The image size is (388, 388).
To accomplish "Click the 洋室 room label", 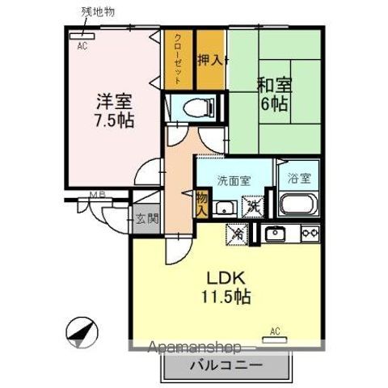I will click(x=112, y=102).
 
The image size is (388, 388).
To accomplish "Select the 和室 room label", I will click(x=275, y=84).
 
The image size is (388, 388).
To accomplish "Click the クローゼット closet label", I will click(x=177, y=58).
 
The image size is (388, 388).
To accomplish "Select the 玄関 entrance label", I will click(x=146, y=218).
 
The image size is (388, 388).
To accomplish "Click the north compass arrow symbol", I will click(x=82, y=335).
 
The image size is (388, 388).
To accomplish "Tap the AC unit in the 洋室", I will click(x=81, y=36).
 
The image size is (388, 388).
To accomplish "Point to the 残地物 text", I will click(x=98, y=11).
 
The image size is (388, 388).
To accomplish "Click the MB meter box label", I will click(x=97, y=195).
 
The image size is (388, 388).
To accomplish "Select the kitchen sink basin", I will click(x=276, y=234).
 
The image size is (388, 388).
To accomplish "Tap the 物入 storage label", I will click(x=200, y=203).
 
